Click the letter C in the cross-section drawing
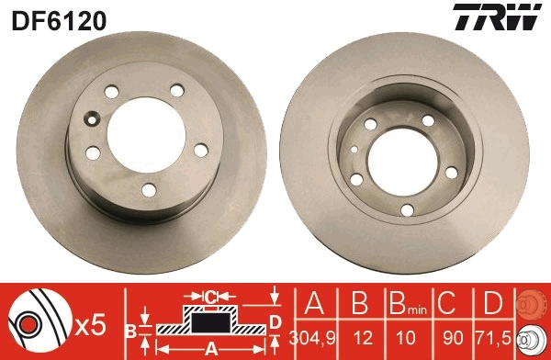(x=210, y=297)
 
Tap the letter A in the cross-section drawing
(x=210, y=348)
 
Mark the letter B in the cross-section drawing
(x=131, y=328)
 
